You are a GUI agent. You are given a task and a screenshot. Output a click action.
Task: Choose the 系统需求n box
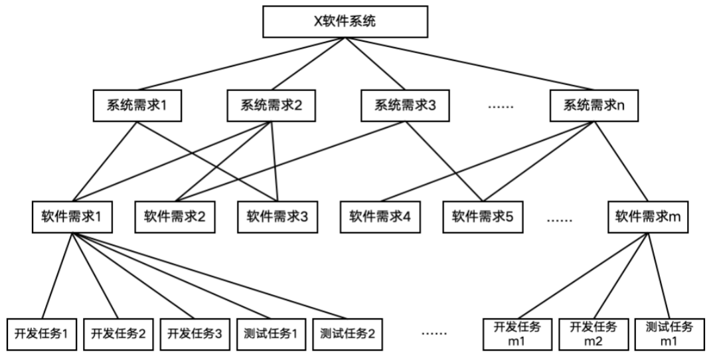click(x=593, y=105)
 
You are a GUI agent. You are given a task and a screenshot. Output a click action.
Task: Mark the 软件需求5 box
click(x=483, y=216)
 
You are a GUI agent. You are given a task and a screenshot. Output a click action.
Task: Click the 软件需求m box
click(x=647, y=216)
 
